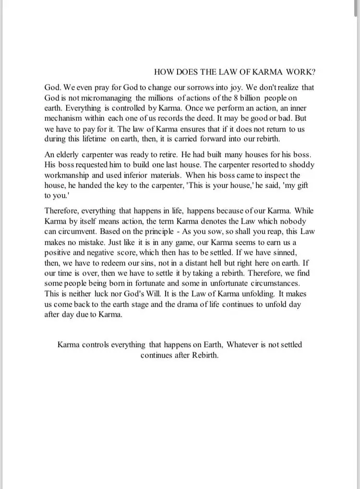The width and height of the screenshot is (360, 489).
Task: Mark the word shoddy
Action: coord(300,165)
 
